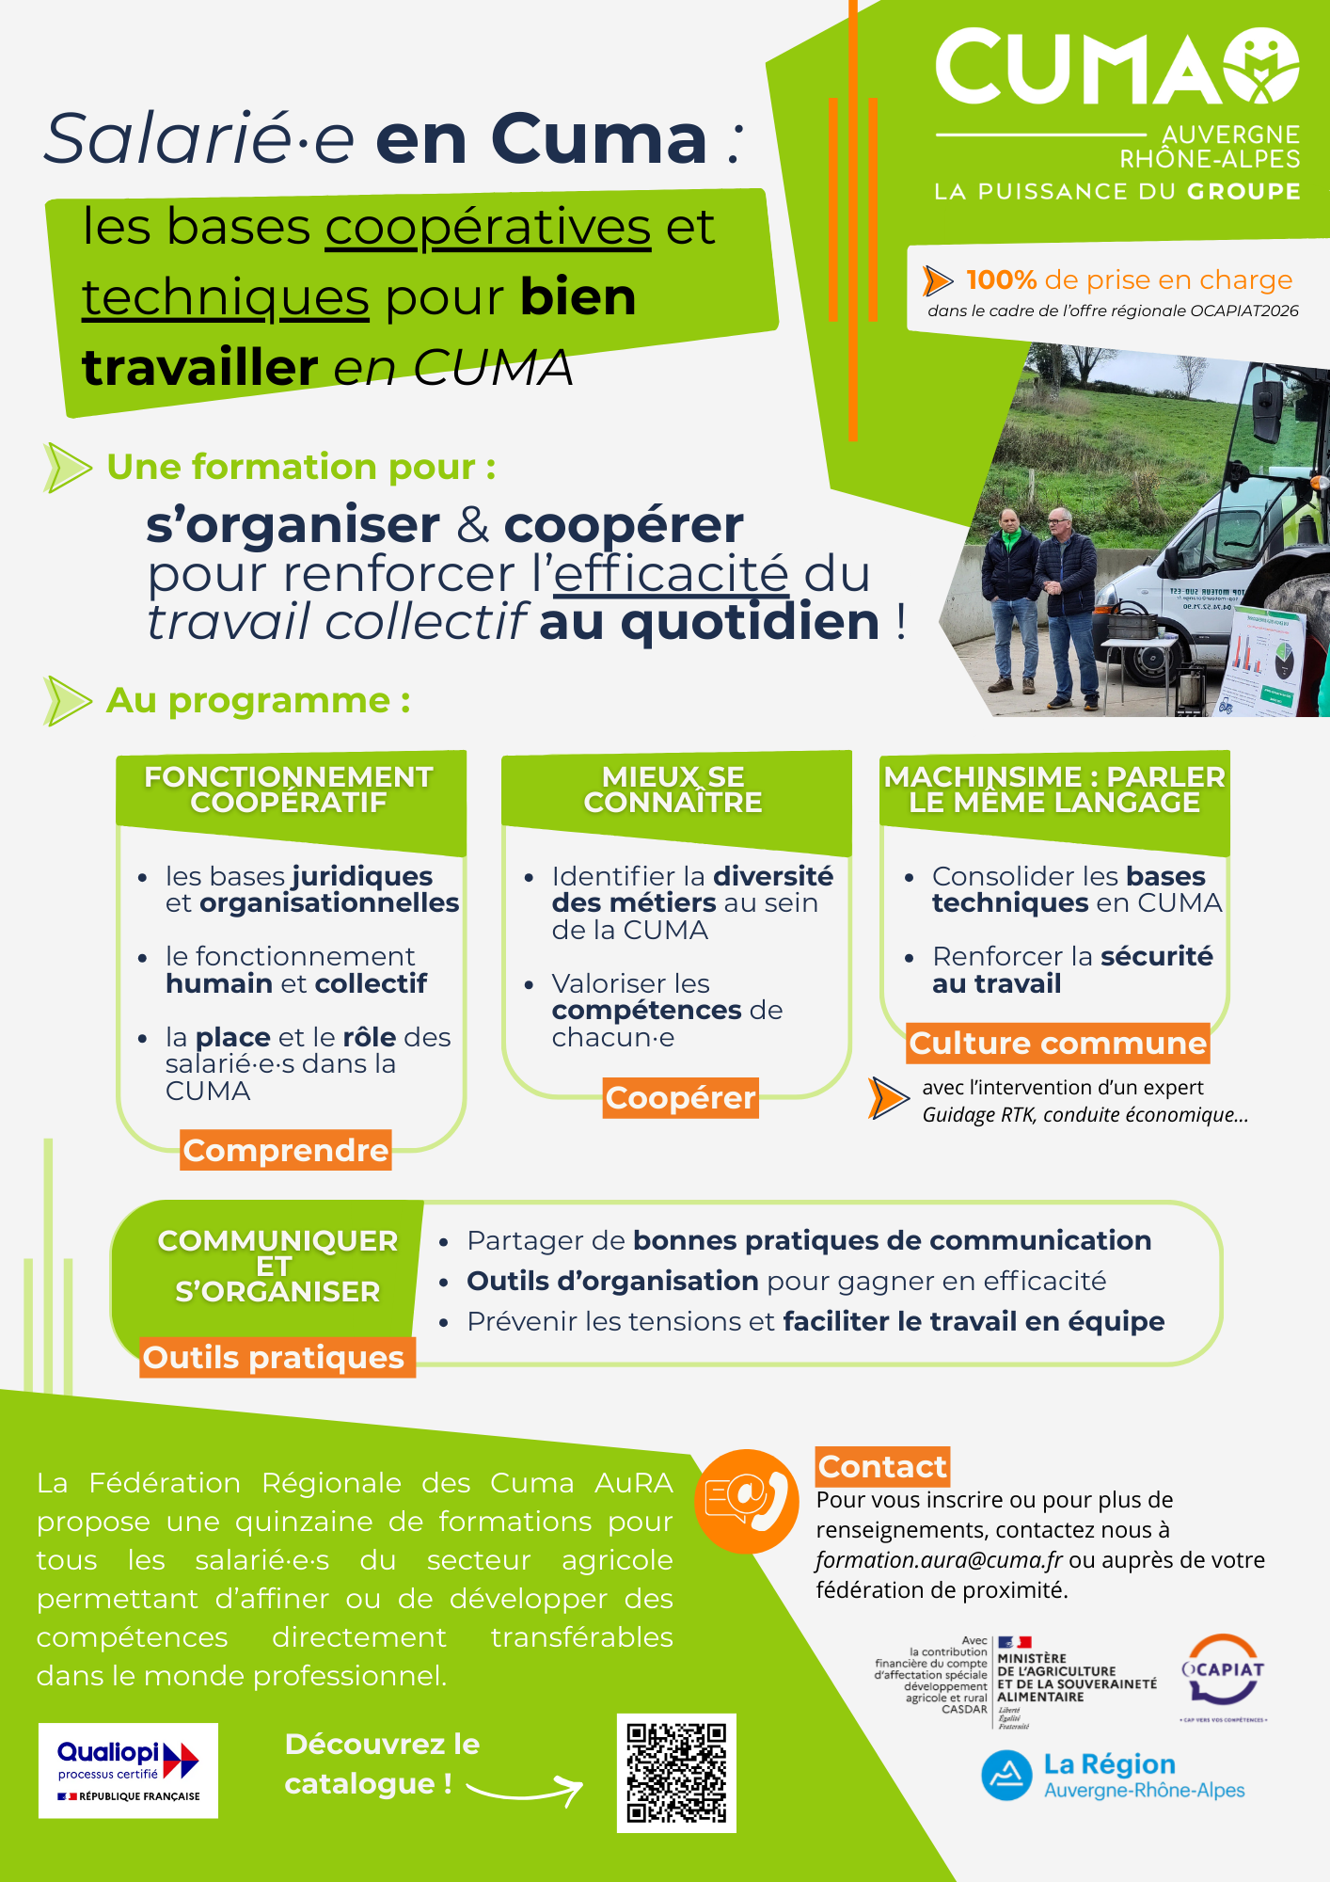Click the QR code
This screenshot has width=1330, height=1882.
tap(676, 1773)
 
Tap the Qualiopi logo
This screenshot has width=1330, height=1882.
tap(128, 1770)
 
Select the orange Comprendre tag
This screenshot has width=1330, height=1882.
tap(286, 1150)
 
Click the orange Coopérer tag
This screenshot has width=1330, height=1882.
tap(680, 1097)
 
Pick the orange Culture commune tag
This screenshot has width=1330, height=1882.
tap(1057, 1044)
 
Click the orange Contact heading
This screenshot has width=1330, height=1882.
tap(882, 1466)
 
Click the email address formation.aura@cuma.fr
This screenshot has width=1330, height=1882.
tap(939, 1560)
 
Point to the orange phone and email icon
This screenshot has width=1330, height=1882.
tap(747, 1501)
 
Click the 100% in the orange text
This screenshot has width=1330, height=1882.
tap(1001, 279)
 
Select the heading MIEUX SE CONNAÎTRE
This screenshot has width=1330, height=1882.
tap(673, 789)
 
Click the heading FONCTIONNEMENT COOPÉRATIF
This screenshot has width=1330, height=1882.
tap(289, 789)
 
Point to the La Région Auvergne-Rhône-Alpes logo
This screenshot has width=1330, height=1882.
tap(1114, 1776)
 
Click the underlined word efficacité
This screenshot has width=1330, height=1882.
tap(671, 574)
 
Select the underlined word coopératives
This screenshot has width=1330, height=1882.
tap(487, 227)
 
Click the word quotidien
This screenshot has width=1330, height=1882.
tap(751, 623)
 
